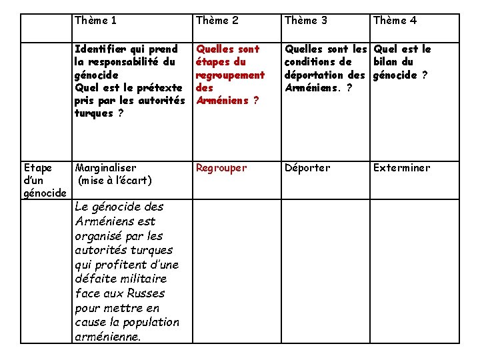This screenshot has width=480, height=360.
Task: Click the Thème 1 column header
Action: pos(96,21)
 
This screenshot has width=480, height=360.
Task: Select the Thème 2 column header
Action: pos(217,21)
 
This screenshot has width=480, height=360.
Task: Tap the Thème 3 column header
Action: pos(306,21)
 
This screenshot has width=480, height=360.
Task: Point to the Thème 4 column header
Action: pos(395,21)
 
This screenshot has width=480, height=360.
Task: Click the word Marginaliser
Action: pos(106,168)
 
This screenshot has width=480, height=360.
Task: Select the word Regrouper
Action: pos(221,168)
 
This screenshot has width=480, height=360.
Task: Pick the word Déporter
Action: pos(307,168)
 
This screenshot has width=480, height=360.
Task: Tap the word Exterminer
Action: pos(401,168)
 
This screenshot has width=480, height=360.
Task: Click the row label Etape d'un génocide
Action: pos(44,181)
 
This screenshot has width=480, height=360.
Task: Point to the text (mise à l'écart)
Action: pos(115,181)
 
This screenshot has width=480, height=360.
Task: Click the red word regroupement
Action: pos(230,75)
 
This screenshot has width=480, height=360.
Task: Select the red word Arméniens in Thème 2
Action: pos(221,101)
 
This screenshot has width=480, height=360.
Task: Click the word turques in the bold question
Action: pos(94,113)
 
